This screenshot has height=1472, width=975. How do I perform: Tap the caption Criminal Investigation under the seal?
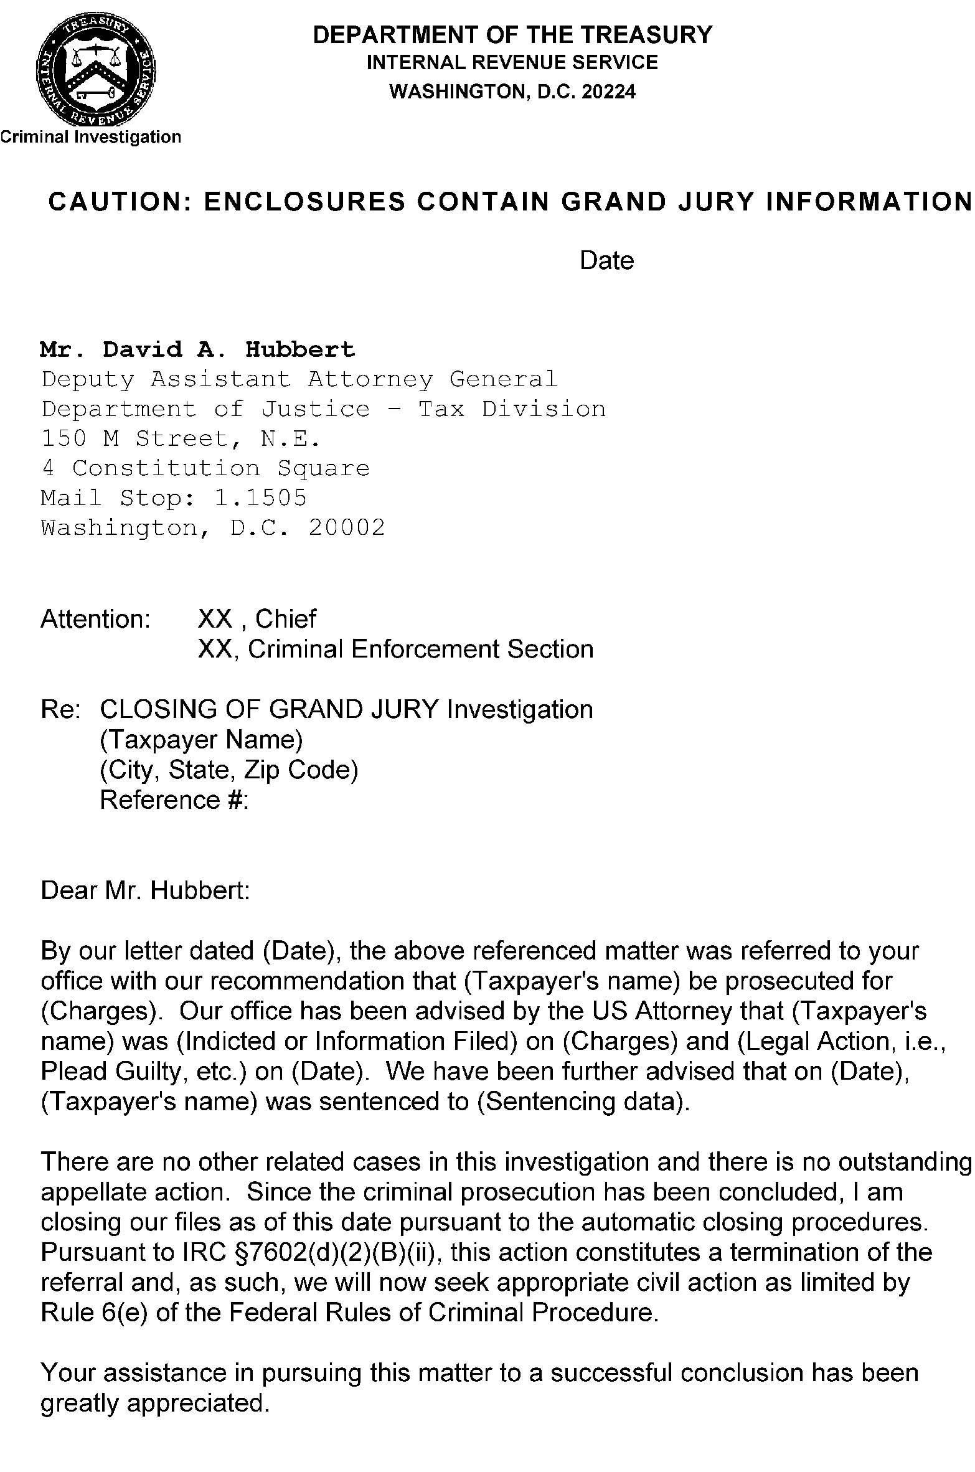(x=91, y=137)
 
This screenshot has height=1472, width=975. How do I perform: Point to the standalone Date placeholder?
(x=606, y=260)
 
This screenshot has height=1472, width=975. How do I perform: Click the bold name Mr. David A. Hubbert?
(x=197, y=349)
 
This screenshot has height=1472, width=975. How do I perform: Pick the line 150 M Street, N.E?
(x=181, y=439)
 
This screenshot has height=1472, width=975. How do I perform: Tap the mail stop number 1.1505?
(x=260, y=498)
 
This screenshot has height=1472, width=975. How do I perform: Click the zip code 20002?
(x=347, y=528)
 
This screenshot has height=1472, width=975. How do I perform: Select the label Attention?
(x=96, y=619)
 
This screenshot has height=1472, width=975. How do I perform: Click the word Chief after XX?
(x=286, y=619)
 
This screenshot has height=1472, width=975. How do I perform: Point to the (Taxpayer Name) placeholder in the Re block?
(x=201, y=740)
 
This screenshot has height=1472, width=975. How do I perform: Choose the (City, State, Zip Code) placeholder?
(x=229, y=770)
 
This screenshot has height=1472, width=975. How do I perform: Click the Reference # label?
(x=174, y=800)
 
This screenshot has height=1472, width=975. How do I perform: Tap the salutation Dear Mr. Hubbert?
(x=145, y=890)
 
